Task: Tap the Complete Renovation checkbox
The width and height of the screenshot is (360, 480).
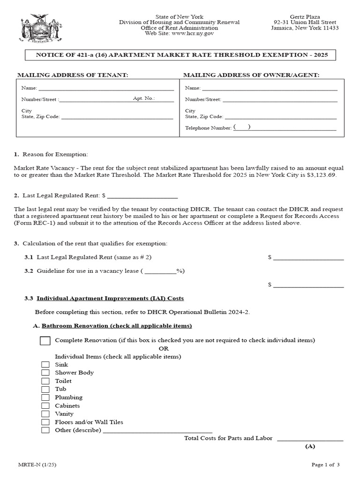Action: tap(45, 341)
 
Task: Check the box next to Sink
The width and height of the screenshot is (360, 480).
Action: tap(45, 365)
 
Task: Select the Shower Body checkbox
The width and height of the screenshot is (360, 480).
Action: tap(45, 373)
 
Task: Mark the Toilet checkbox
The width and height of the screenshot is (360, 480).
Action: tap(45, 381)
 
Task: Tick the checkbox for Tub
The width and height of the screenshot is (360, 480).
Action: tap(45, 389)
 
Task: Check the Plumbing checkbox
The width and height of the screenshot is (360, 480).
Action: tap(45, 397)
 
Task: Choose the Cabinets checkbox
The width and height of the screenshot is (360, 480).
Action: tap(45, 405)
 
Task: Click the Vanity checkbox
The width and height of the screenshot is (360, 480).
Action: tap(45, 414)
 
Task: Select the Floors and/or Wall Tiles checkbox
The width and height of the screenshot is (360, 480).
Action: tap(45, 422)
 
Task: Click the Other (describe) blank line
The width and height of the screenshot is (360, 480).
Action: tap(157, 430)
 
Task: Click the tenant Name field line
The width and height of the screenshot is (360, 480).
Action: tap(105, 88)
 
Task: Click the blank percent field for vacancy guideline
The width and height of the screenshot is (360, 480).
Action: tap(160, 271)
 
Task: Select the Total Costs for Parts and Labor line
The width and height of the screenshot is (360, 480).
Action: tap(310, 439)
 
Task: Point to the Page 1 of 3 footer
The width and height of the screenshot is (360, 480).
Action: tap(325, 465)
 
